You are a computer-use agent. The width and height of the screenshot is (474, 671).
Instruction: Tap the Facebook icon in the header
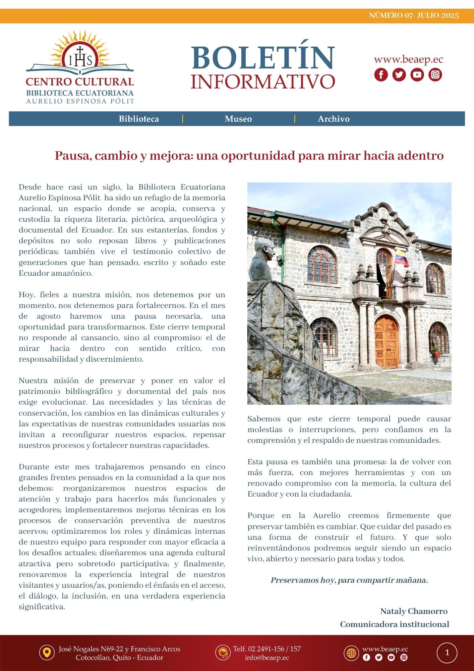coord(381,74)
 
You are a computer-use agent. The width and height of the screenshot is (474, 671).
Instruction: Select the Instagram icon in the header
coord(435,74)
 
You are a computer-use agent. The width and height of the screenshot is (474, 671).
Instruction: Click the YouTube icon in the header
coord(417,74)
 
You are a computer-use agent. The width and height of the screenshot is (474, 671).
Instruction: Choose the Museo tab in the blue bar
coord(238,119)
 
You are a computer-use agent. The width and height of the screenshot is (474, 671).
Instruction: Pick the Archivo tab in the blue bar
coord(334,119)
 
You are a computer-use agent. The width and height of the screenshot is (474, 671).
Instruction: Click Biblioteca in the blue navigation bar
coord(139,119)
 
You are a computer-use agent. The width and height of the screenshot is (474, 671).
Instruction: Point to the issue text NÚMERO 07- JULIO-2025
coord(414,15)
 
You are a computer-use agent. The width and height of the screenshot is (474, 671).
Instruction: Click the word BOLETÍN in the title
coord(263,58)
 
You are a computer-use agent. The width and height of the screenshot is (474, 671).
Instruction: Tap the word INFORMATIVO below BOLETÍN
coord(263,82)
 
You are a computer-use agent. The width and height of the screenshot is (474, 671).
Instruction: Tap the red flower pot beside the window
coord(436,354)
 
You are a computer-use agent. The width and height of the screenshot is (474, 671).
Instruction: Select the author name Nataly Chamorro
coord(414,611)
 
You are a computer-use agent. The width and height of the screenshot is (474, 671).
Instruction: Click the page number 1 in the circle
coord(447,653)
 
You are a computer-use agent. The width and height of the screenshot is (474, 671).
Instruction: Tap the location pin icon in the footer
coord(47,653)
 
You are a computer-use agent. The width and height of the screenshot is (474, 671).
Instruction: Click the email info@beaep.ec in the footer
coord(267,658)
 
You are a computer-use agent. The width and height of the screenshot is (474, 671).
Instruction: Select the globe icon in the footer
coord(351,653)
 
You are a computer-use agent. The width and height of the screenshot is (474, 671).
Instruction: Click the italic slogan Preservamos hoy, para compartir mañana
coord(349,580)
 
